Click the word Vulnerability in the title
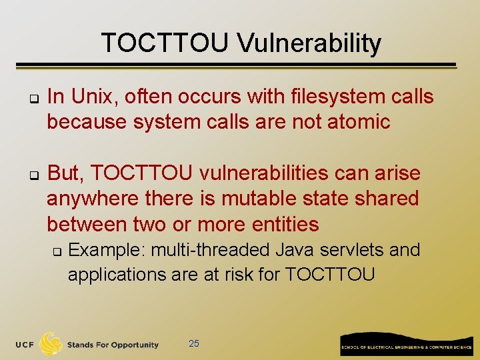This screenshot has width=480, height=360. pyautogui.click(x=309, y=44)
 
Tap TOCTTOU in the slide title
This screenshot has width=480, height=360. pyautogui.click(x=166, y=44)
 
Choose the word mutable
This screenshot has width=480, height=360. pyautogui.click(x=257, y=199)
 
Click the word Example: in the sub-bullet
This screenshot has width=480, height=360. pyautogui.click(x=107, y=251)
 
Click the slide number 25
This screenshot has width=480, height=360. pyautogui.click(x=194, y=344)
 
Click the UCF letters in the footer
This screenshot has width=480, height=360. pyautogui.click(x=26, y=345)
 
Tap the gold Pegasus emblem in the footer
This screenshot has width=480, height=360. pyautogui.click(x=51, y=344)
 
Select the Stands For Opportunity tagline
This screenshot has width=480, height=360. pyautogui.click(x=113, y=345)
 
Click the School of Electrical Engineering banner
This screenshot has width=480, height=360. pyautogui.click(x=406, y=344)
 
